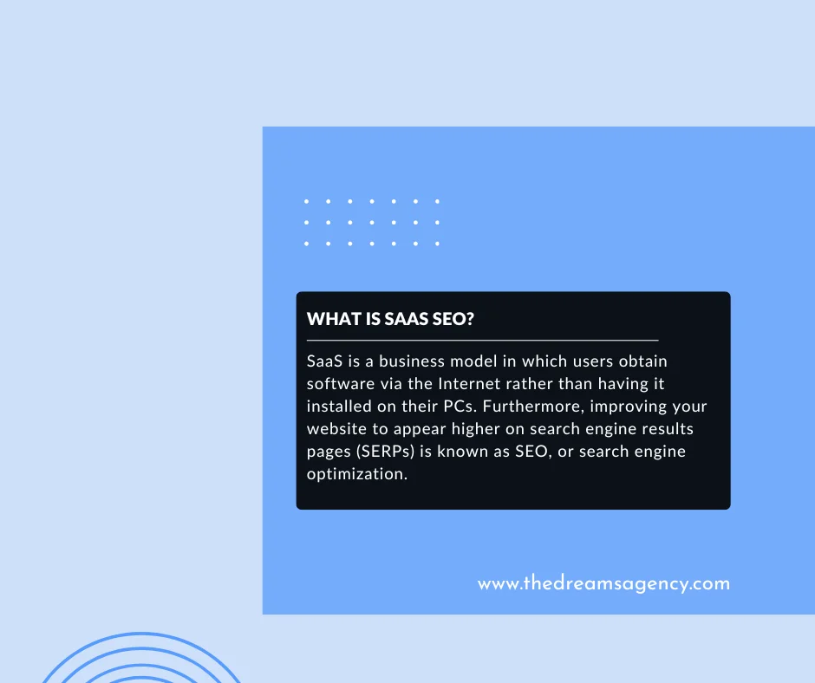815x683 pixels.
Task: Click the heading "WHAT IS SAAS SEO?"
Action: point(390,319)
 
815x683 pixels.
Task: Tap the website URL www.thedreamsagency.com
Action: point(603,583)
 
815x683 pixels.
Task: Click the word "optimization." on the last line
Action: point(356,474)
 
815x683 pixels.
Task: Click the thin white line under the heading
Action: point(482,341)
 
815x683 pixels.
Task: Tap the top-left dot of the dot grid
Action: point(307,201)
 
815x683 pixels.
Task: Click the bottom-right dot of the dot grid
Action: point(437,244)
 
